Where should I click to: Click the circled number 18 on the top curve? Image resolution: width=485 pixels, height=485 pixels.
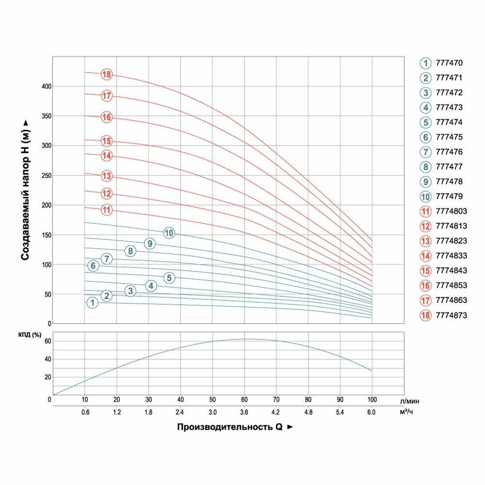coord(107,75)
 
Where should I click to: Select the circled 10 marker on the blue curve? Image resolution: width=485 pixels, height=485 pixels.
coord(169,233)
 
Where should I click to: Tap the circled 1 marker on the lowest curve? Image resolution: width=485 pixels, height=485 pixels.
coord(92,303)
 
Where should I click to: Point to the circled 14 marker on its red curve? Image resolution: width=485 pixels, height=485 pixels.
coord(107,156)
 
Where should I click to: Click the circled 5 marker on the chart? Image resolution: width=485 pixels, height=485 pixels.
coord(169,278)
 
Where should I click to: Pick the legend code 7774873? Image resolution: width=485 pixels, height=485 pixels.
coord(451,315)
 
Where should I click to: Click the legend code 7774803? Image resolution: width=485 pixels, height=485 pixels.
coord(451,211)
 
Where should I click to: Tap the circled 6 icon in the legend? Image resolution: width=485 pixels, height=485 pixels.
coord(425,137)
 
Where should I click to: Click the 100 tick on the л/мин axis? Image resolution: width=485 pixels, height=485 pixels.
coord(372,400)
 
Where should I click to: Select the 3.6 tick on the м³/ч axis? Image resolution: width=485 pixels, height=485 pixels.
coord(244,412)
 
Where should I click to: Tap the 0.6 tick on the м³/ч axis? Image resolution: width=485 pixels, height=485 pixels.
coord(85,412)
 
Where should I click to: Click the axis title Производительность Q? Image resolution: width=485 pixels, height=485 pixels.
coord(231,427)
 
